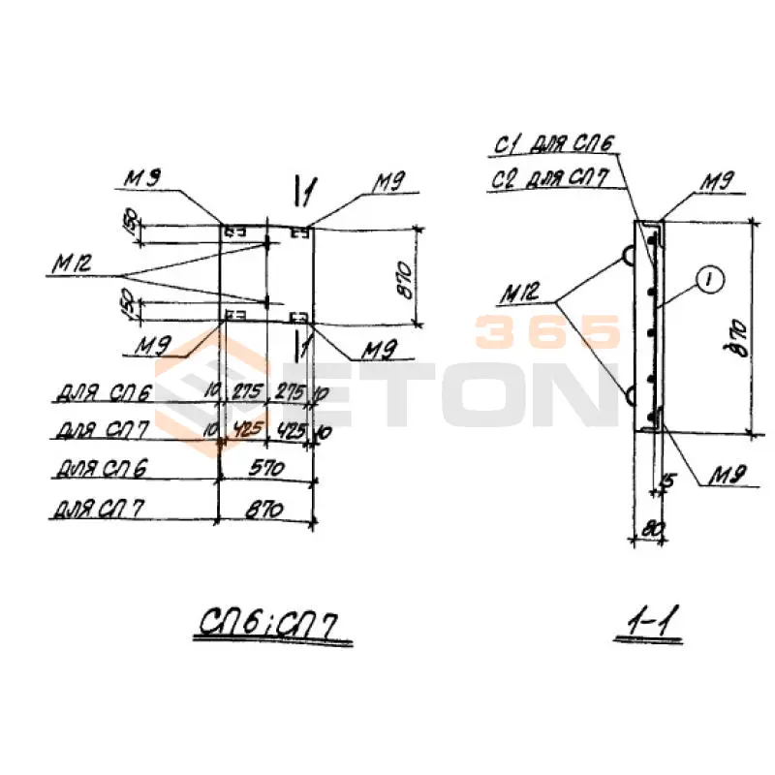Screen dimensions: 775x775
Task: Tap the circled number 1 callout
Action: pyautogui.click(x=708, y=280)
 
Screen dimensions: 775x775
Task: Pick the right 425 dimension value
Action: pyautogui.click(x=289, y=429)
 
